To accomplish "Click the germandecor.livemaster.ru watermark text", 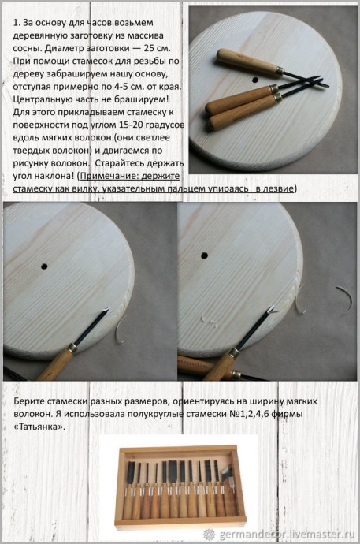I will [x=284, y=534].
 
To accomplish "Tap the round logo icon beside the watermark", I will [x=209, y=534].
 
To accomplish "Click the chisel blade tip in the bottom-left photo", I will [x=98, y=319].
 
